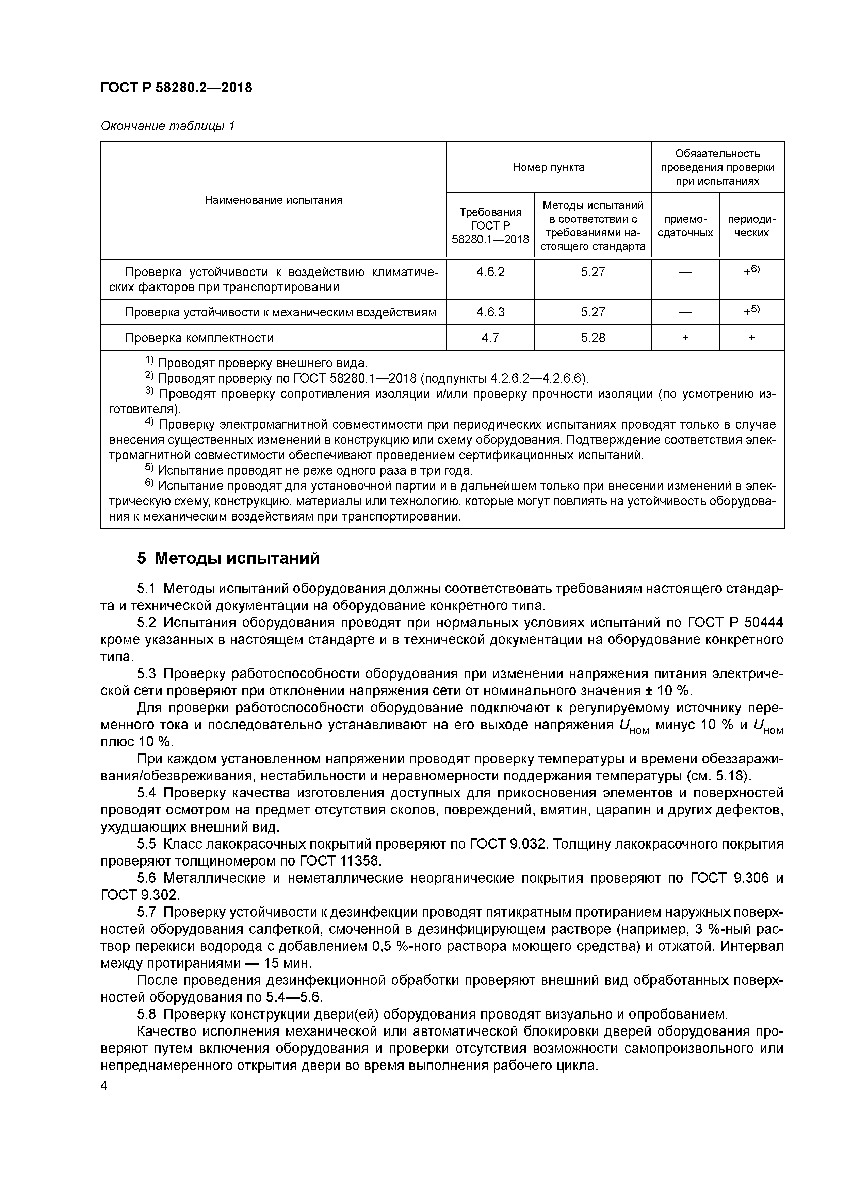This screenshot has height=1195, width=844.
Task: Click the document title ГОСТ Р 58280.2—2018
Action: click(176, 88)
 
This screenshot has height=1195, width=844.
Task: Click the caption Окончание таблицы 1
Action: click(167, 126)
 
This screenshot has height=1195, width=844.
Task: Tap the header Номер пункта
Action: click(548, 167)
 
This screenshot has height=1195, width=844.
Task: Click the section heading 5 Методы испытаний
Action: click(228, 558)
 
